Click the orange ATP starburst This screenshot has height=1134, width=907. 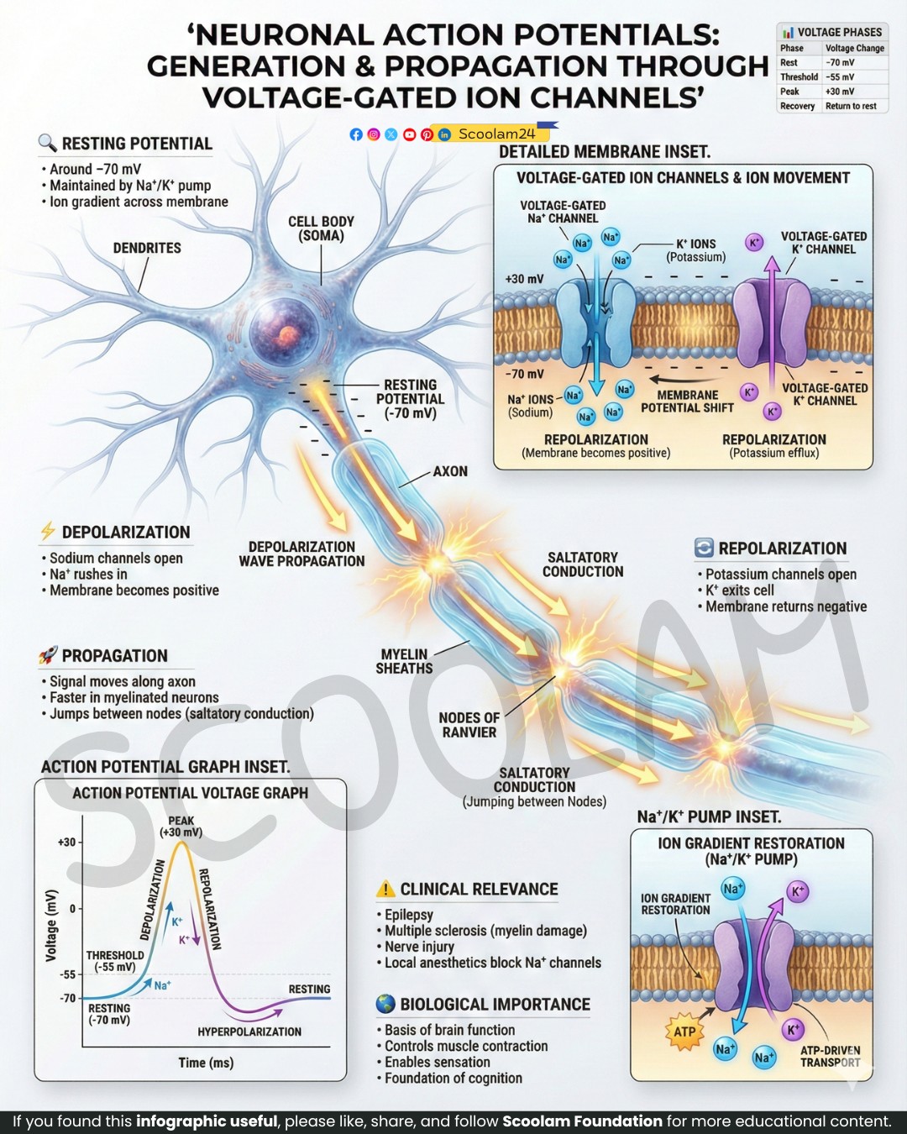[684, 1032]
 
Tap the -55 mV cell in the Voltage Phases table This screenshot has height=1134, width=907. [840, 77]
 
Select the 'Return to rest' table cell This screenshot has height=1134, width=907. [851, 106]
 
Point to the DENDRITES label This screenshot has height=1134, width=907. [147, 248]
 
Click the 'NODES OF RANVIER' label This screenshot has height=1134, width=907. [469, 725]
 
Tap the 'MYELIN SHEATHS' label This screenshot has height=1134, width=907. [404, 661]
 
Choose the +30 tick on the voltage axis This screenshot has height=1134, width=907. [66, 842]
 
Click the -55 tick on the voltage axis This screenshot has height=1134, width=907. [67, 974]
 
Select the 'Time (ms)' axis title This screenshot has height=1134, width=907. [206, 1063]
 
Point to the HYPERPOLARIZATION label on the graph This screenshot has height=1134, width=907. [249, 1032]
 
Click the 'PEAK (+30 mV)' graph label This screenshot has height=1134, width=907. [181, 827]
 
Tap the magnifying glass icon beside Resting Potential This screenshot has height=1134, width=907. [47, 143]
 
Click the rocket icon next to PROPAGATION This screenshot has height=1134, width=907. [48, 655]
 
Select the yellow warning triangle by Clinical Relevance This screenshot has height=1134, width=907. [385, 889]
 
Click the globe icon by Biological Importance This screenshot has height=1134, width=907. [385, 1004]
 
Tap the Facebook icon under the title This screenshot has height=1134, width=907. [356, 134]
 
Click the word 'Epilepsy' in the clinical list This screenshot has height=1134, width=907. [408, 915]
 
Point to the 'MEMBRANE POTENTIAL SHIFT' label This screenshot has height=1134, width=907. [687, 401]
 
